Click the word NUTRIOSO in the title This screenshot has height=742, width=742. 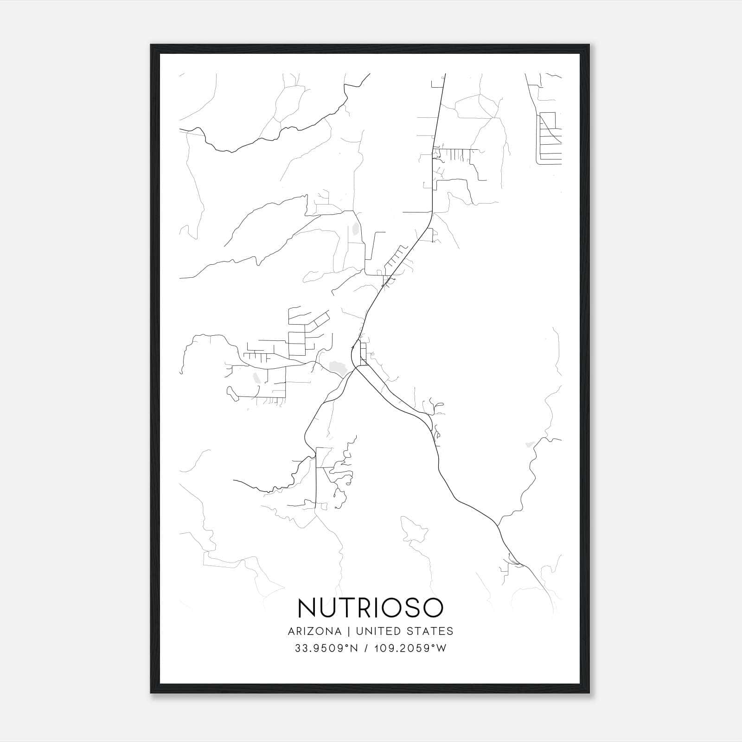370,608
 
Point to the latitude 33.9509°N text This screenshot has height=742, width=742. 326,648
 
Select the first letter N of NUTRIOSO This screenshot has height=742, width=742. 307,608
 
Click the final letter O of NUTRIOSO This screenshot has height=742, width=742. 432,608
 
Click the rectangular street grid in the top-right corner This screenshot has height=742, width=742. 550,138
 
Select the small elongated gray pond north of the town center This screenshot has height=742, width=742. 356,229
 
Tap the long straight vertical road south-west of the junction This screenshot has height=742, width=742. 316,478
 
